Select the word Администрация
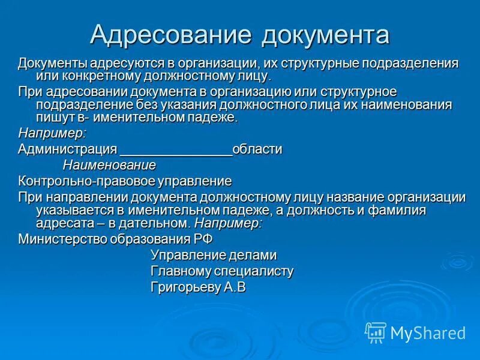coord(67,149)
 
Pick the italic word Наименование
coord(109,164)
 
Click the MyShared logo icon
coord(376,332)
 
